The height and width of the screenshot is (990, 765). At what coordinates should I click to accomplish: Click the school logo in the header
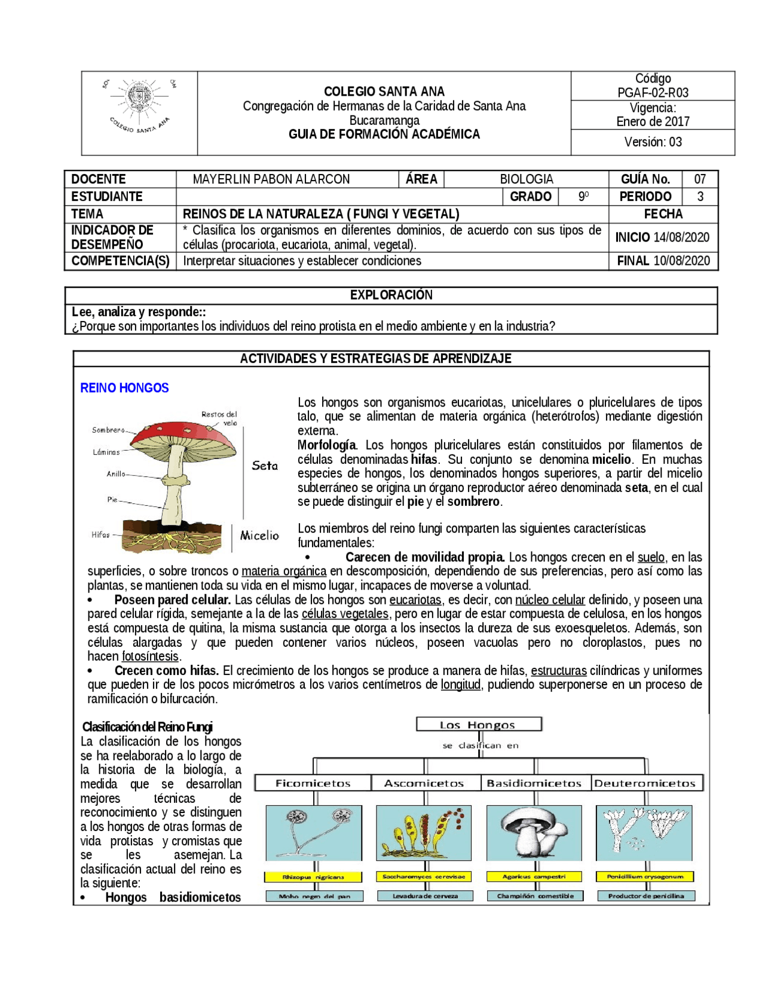[139, 106]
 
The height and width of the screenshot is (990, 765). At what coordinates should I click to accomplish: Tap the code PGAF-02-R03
[653, 93]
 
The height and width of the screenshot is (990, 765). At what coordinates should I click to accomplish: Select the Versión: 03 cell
[653, 142]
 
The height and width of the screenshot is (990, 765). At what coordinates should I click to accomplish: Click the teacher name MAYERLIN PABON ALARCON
[271, 179]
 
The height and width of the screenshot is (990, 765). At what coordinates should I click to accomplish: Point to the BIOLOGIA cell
[527, 179]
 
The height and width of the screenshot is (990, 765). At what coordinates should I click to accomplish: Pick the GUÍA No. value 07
[700, 179]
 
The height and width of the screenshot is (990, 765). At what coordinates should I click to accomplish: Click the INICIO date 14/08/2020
[681, 237]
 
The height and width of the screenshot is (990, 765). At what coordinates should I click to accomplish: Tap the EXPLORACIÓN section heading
[391, 295]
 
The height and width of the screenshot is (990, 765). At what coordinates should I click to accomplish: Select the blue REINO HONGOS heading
[124, 388]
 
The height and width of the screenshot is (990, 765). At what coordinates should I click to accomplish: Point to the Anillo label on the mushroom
[116, 474]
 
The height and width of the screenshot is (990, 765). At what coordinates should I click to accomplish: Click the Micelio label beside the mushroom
[259, 536]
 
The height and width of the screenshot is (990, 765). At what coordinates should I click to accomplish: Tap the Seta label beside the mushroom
[265, 466]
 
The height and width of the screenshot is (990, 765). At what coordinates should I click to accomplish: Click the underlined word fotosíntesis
[150, 656]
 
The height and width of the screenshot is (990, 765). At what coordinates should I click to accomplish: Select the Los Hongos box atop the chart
[479, 725]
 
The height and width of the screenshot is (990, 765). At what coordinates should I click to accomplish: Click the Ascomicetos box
[424, 783]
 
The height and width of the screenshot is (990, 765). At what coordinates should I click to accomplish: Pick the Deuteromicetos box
[645, 783]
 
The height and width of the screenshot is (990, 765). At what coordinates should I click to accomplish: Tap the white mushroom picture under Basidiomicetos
[534, 833]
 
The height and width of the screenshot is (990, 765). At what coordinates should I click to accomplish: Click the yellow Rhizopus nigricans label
[313, 877]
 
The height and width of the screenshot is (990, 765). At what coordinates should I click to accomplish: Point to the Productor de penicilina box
[645, 896]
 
